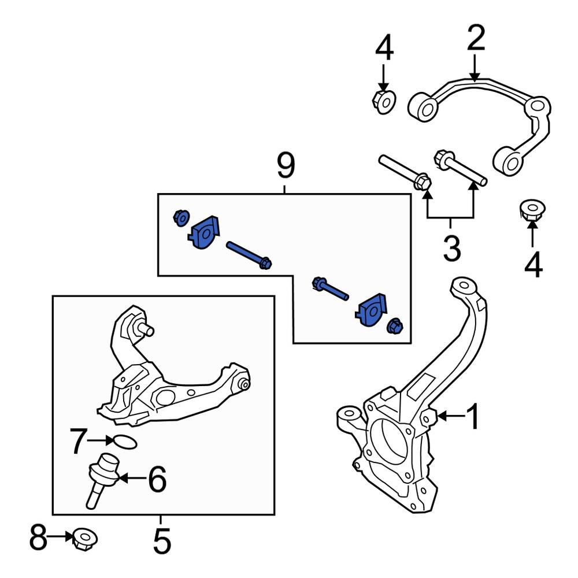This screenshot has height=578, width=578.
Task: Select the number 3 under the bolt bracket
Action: point(451,249)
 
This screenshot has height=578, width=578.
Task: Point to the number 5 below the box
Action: point(162,543)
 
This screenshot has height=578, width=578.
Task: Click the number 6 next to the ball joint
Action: point(157,479)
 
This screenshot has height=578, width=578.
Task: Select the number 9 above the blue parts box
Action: point(286,166)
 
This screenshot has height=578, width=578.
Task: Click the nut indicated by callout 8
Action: point(84,540)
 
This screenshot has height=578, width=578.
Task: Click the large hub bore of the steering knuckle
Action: point(388,436)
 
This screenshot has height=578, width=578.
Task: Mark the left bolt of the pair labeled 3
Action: point(404,172)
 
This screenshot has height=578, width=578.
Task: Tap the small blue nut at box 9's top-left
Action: point(181,218)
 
